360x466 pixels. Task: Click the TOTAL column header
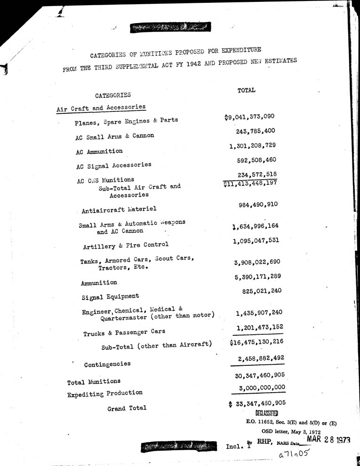(x=247, y=90)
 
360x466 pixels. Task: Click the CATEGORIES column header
(x=113, y=95)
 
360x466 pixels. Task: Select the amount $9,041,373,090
(x=249, y=117)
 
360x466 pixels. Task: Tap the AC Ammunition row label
(x=99, y=151)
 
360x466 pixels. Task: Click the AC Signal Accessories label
(x=113, y=166)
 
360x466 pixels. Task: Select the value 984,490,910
(x=258, y=205)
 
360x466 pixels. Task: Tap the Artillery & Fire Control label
(x=125, y=245)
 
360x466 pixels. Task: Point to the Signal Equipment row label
(x=110, y=297)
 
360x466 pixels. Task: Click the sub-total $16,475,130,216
(x=257, y=342)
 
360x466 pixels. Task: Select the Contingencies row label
(x=107, y=364)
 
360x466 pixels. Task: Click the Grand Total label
(x=127, y=408)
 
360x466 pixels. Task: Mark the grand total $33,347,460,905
(x=257, y=403)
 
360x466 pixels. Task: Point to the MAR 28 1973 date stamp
(x=328, y=440)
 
